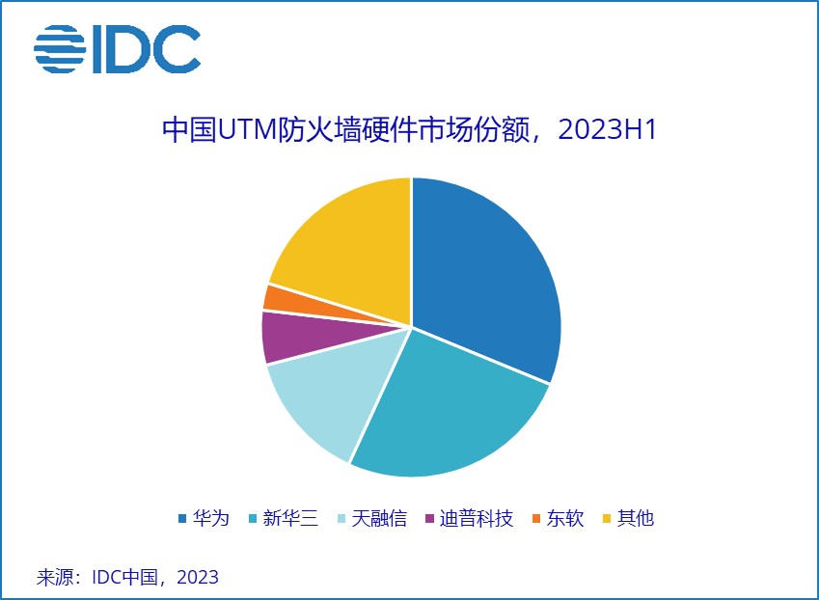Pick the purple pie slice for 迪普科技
coord(285,336)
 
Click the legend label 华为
coord(211,518)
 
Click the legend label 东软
coord(565,518)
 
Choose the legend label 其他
coord(636,518)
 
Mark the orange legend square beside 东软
coord(536,519)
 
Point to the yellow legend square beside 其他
coord(607,519)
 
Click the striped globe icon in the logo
coord(60,48)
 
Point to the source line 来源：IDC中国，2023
coord(127,578)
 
